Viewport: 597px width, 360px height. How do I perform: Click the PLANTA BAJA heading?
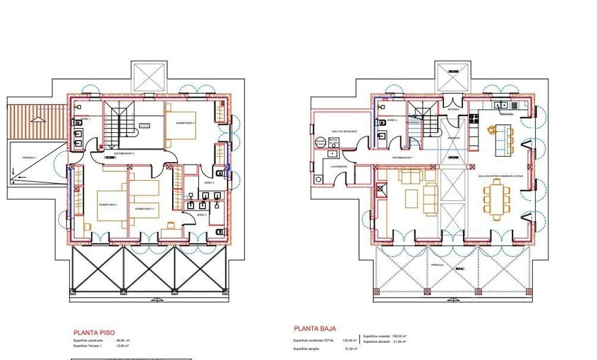pyautogui.click(x=315, y=329)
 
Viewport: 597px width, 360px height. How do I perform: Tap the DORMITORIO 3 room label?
pyautogui.click(x=186, y=123)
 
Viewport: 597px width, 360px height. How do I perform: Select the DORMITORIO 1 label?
pyautogui.click(x=108, y=204)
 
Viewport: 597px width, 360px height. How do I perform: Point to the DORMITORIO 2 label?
pyautogui.click(x=145, y=209)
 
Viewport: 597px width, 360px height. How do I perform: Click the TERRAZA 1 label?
pyautogui.click(x=29, y=158)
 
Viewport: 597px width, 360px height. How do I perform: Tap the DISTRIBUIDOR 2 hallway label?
pyautogui.click(x=124, y=152)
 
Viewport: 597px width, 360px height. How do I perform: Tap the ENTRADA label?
pyautogui.click(x=453, y=110)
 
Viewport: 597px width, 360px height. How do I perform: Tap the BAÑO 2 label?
pyautogui.click(x=201, y=215)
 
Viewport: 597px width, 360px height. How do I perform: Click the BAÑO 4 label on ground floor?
pyautogui.click(x=392, y=121)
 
